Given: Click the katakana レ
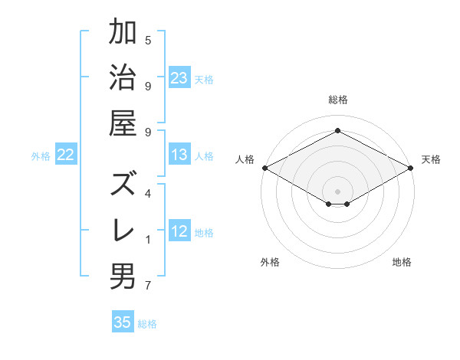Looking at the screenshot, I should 123,231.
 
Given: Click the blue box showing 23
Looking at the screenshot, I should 179,77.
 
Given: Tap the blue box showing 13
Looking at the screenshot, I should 179,155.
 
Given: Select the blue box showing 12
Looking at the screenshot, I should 179,231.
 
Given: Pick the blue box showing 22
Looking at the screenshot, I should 66,155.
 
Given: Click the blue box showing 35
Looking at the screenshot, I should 123,322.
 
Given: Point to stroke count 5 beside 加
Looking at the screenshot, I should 148,40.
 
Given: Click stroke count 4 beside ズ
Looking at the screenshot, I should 148,194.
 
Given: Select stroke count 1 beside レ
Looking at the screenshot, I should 148,240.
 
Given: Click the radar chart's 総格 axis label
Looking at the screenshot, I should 337,100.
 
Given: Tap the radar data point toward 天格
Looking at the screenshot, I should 412,168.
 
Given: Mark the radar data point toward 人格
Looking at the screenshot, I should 264,168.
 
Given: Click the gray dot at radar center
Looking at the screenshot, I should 337,191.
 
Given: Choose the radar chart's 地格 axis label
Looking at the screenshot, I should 402,262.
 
